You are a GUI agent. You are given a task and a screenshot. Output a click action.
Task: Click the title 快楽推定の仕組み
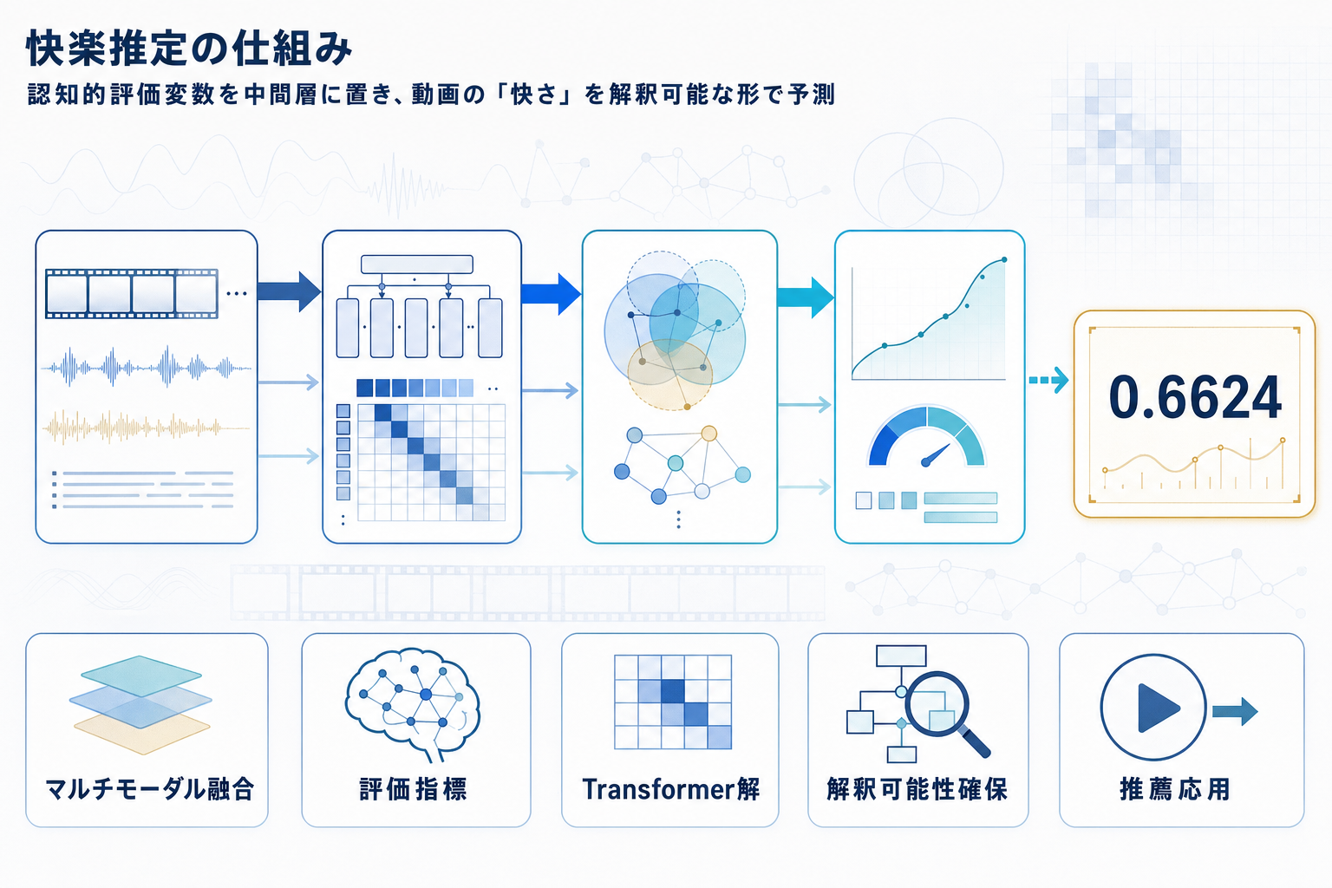point(189,49)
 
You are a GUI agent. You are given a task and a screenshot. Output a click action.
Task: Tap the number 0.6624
point(1195,398)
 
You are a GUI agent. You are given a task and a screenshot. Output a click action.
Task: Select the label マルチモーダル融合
point(148,789)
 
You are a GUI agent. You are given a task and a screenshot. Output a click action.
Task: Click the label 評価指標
point(414,789)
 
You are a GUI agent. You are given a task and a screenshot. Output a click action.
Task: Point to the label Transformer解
point(670,789)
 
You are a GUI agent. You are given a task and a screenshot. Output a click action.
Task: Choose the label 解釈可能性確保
point(917,789)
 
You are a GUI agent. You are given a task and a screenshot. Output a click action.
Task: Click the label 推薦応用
point(1175,789)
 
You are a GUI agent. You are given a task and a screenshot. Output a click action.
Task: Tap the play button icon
point(1152,708)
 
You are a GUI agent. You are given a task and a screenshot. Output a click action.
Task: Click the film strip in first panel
point(131,293)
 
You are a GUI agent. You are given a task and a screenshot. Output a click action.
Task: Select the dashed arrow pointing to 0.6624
point(1048,380)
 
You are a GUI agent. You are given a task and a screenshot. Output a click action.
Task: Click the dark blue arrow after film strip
point(290,291)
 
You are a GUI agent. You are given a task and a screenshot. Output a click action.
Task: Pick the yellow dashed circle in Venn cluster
point(669,375)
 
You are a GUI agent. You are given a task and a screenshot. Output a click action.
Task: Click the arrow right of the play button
point(1235,712)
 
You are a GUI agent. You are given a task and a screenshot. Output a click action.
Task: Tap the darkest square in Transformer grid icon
point(672,691)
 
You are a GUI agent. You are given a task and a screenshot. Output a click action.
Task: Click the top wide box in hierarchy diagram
point(416,264)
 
